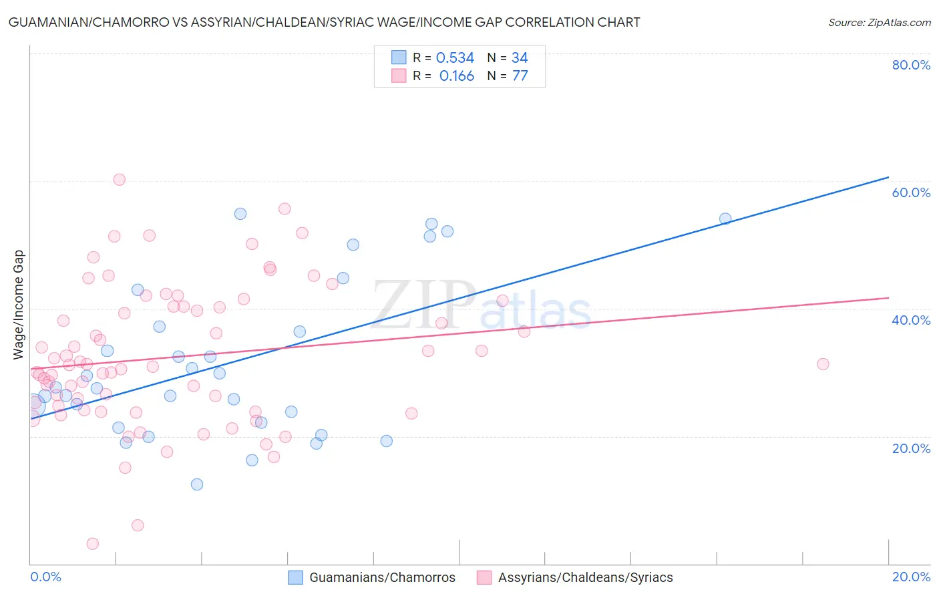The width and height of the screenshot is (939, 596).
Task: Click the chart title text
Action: point(325,23)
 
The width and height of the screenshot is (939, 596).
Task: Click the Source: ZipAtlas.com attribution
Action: point(879,23)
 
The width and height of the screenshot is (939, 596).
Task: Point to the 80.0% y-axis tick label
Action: point(911,65)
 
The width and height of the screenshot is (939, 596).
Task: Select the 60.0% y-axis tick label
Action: point(911,192)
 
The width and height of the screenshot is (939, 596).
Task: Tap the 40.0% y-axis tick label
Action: point(911,320)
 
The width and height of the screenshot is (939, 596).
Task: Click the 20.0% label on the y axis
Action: point(911,448)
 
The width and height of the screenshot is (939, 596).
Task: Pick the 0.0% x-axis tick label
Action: point(45,577)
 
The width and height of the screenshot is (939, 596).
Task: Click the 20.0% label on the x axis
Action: point(911,577)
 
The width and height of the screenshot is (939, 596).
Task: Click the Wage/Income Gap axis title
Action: point(19,305)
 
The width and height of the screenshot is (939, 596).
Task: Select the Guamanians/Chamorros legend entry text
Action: point(382,577)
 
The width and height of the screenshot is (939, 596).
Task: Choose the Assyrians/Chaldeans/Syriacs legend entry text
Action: point(585,577)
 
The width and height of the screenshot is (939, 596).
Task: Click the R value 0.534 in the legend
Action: point(455,58)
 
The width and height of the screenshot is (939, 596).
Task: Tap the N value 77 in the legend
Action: point(520,76)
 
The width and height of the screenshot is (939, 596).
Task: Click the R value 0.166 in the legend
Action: point(457,76)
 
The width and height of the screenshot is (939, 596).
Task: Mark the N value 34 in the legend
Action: point(520,58)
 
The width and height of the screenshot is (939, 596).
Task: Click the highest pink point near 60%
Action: point(119,179)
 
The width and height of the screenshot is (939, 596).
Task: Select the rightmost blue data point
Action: point(725,218)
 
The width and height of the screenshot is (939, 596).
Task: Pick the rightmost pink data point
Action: point(823,364)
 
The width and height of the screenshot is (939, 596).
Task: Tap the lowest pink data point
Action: point(93,544)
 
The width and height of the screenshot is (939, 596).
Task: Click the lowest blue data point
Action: point(197,484)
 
